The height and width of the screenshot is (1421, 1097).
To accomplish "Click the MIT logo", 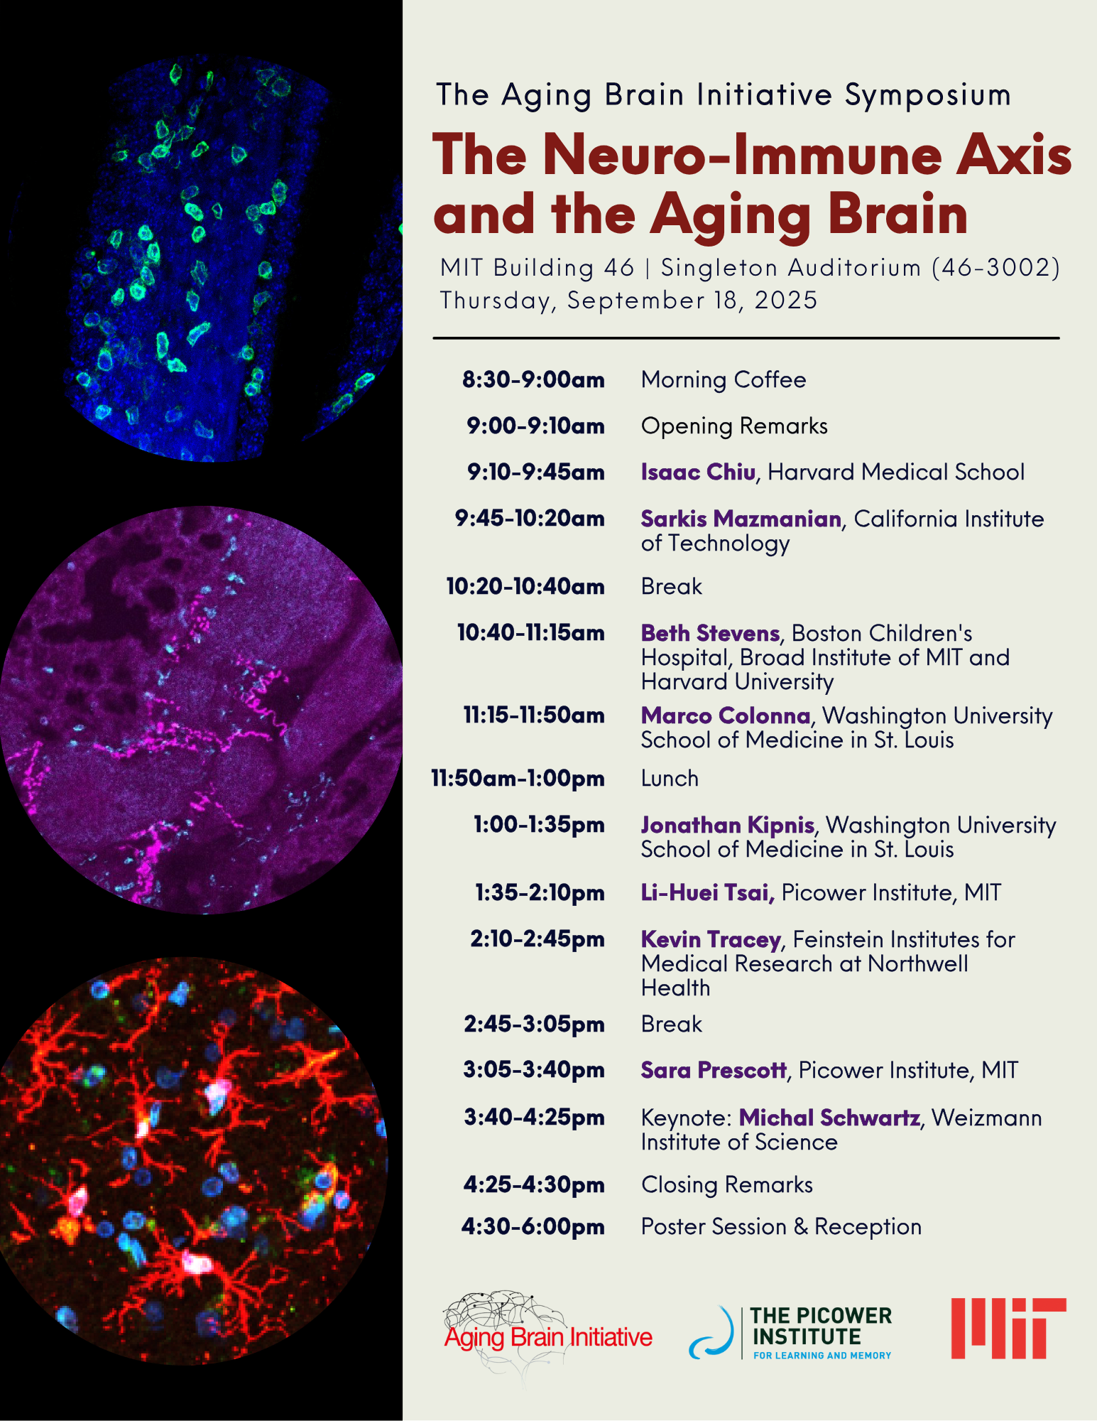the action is click(1008, 1328).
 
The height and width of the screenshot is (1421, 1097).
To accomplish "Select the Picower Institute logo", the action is click(790, 1333).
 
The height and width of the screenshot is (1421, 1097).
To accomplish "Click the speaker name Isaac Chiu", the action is click(698, 472).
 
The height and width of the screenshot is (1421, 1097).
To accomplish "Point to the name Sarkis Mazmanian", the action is click(741, 519).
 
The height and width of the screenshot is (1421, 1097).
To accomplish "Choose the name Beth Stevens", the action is click(710, 633).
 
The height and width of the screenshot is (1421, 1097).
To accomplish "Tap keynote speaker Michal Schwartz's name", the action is click(829, 1118).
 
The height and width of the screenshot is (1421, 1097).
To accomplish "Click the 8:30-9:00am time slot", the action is click(533, 379).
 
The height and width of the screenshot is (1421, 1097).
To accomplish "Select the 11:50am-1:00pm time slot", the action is click(518, 779).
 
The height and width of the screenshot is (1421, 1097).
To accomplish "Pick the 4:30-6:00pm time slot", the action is click(533, 1227).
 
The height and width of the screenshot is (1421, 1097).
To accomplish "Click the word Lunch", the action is click(670, 779).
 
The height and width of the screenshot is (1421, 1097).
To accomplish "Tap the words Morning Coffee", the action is click(724, 380).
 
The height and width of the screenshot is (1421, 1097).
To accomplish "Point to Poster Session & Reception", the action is click(781, 1227).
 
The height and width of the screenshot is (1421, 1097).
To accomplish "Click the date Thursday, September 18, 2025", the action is click(628, 301).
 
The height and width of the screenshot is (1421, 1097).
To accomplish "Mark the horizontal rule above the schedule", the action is click(746, 338).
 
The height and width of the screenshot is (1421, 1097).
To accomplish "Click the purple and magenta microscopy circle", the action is click(201, 710).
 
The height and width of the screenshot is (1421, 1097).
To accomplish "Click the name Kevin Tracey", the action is click(711, 939).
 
